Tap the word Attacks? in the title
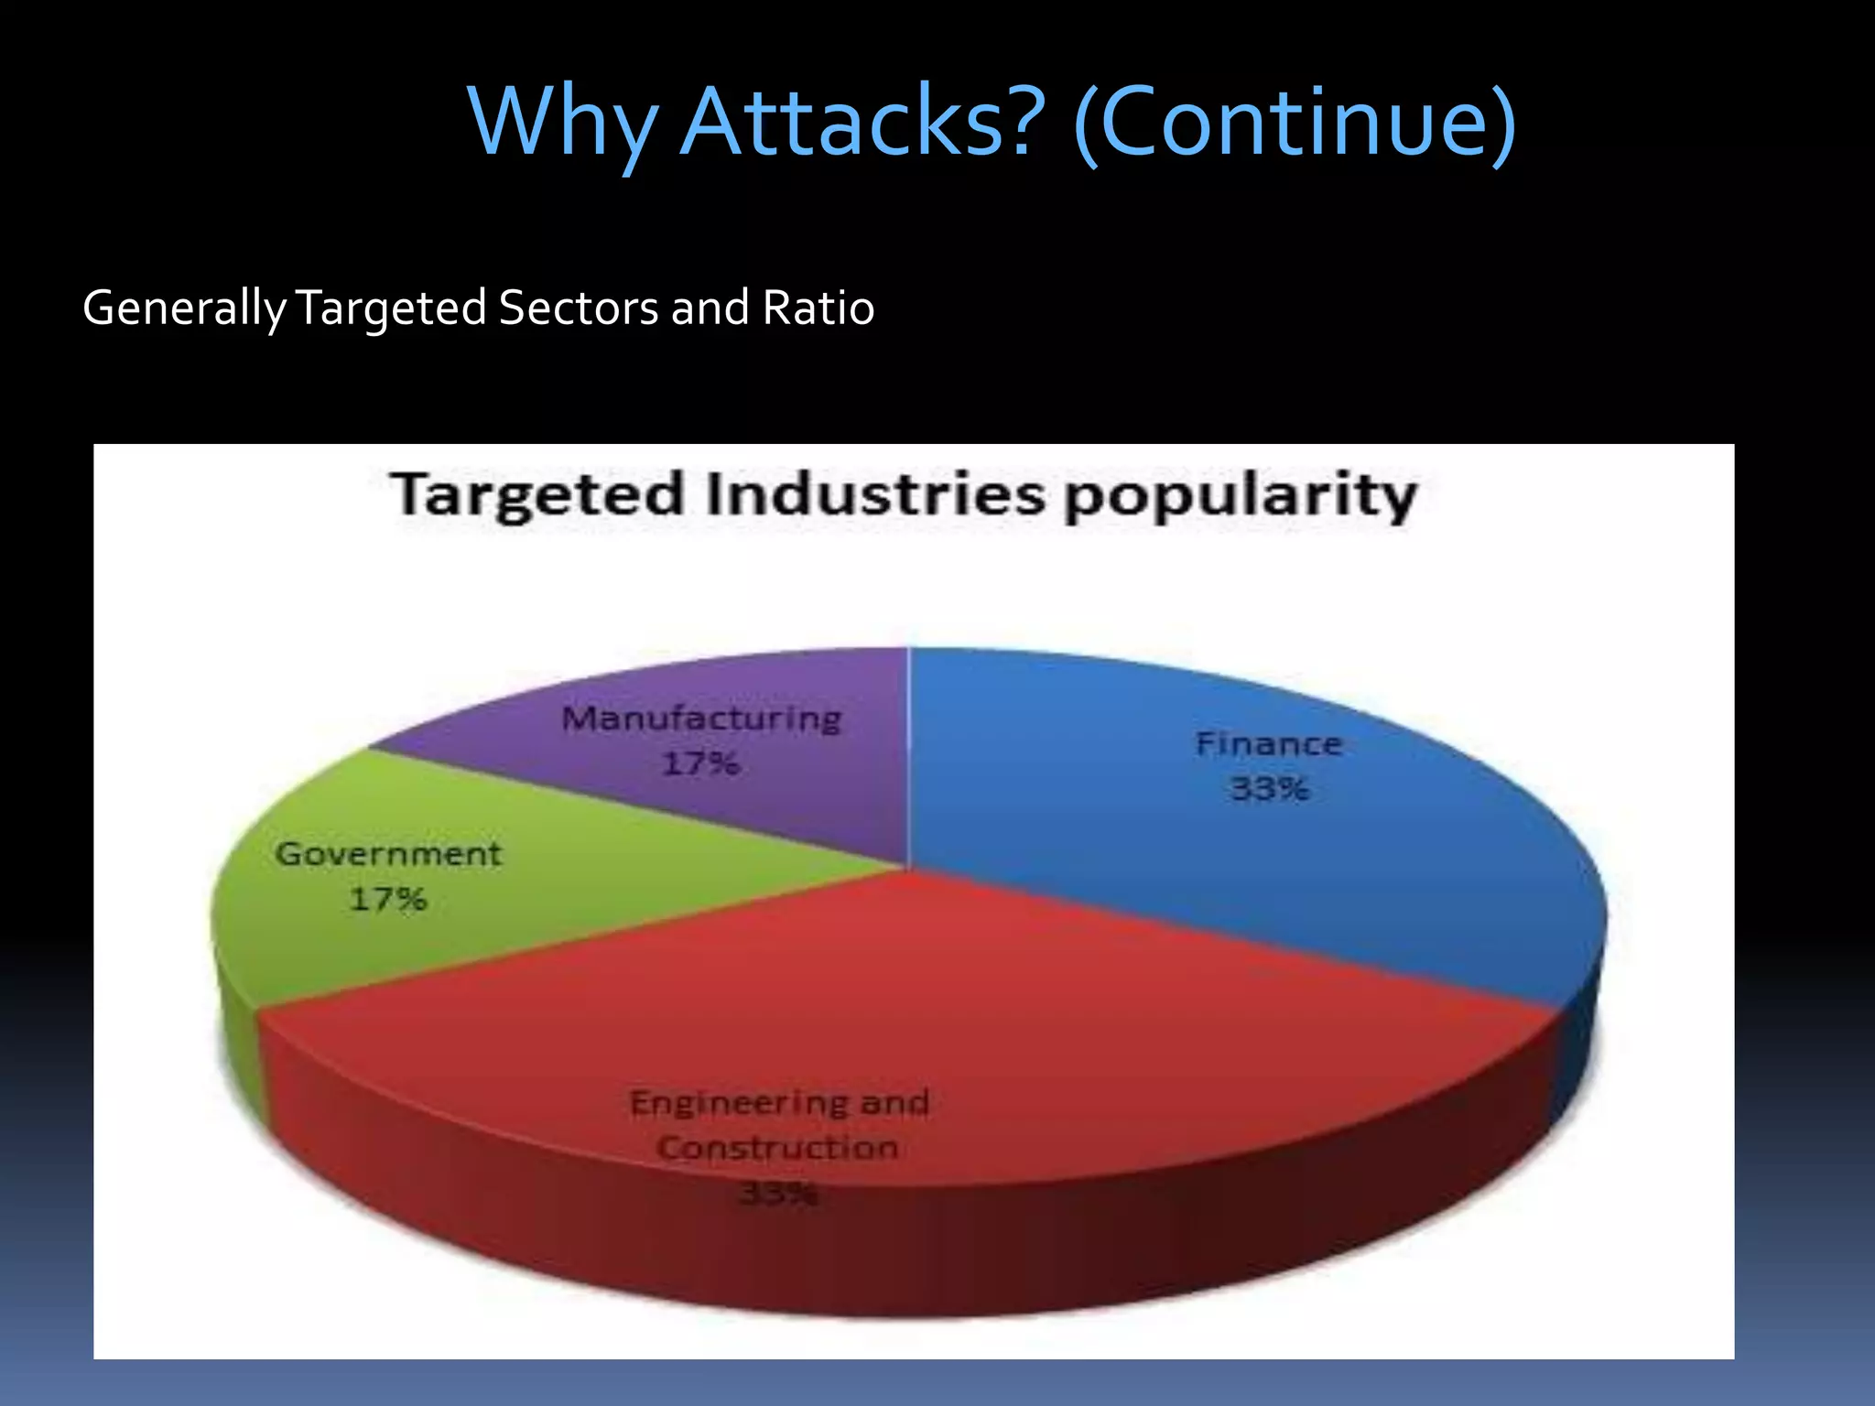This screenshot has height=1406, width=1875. click(x=863, y=122)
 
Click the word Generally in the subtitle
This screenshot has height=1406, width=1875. click(x=184, y=308)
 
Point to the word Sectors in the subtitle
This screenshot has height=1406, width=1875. click(x=578, y=308)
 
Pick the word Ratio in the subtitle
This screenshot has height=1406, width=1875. click(x=818, y=308)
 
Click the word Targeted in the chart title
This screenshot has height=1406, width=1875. click(x=537, y=495)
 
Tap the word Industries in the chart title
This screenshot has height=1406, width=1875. click(x=875, y=495)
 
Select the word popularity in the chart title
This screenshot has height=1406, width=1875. click(x=1241, y=497)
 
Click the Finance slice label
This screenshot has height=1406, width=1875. click(x=1269, y=744)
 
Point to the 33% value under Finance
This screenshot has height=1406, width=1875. click(x=1270, y=788)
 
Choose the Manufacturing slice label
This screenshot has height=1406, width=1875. click(x=701, y=719)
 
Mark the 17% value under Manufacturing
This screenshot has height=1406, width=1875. click(x=700, y=763)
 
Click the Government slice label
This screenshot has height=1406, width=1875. click(x=388, y=854)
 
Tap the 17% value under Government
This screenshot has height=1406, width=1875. click(x=388, y=899)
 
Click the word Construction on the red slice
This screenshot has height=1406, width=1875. click(x=777, y=1148)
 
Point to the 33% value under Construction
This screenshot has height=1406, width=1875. click(x=777, y=1193)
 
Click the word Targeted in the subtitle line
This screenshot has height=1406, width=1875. click(x=391, y=308)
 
